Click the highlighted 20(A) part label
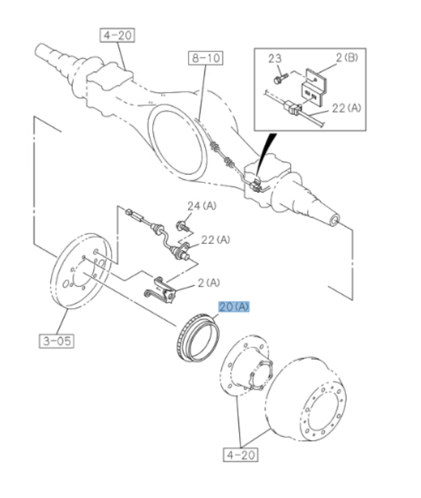point(233,307)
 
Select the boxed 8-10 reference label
point(205,58)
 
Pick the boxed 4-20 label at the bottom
point(241,455)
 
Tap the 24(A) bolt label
point(202,206)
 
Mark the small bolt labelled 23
point(279,78)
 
